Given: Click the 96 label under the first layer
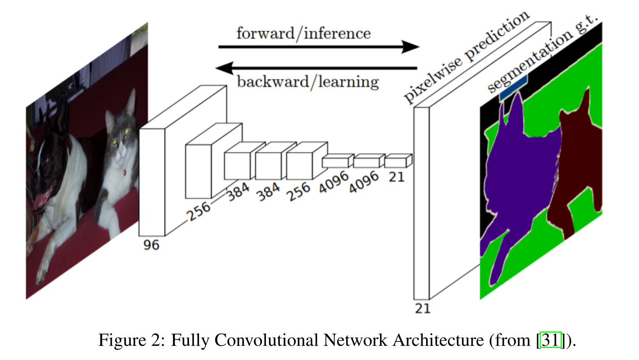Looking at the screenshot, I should (x=151, y=245).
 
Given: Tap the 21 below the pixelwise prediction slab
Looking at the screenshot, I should (x=422, y=308).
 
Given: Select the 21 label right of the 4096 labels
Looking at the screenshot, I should (x=396, y=177).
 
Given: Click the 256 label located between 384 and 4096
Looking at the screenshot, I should (x=299, y=191).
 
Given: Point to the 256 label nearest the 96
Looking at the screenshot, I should (x=199, y=211).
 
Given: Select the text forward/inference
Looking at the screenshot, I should (x=303, y=33).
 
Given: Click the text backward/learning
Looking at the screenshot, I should (x=308, y=82).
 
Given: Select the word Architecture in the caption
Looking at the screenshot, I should (x=438, y=340).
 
